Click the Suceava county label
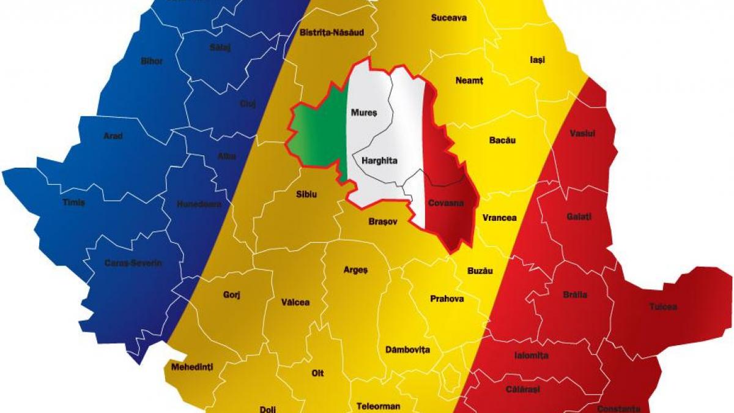coord(448,18)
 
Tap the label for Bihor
coord(152,61)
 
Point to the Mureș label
coord(364,113)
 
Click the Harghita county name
coord(379,161)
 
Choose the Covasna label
coord(445,203)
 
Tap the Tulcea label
coord(663,307)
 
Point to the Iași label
coord(537,60)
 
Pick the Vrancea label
coord(499,217)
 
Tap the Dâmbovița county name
coord(408,350)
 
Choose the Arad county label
coord(113,136)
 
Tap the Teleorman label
coord(379,406)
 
